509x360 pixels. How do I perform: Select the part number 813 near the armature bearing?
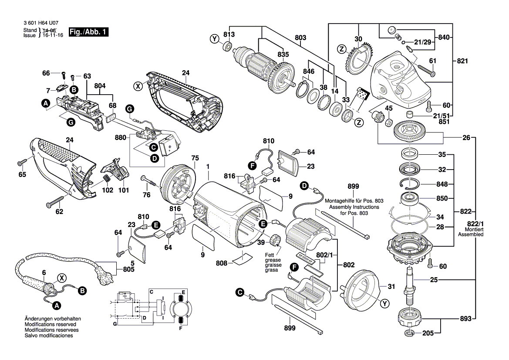[229, 34]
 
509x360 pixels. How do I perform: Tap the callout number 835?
[283, 54]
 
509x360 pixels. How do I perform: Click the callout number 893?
[465, 319]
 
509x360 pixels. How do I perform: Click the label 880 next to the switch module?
[120, 138]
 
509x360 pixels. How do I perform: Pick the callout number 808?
[222, 263]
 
